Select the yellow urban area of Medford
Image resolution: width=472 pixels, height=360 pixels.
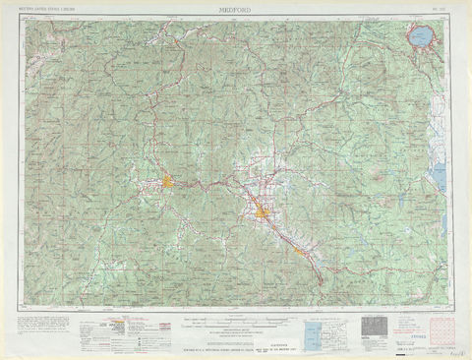point(264,211)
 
